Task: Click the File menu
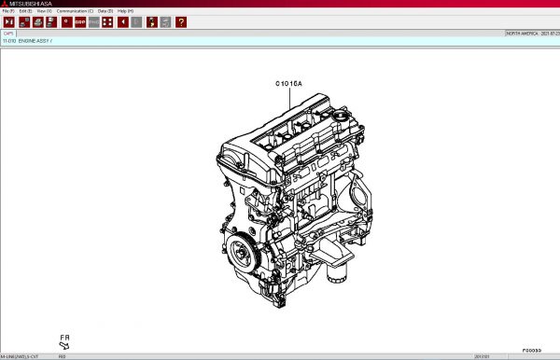[7, 10]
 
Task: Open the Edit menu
[26, 10]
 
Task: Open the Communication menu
[75, 10]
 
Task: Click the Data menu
[105, 10]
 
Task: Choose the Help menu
[125, 10]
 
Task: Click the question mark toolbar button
[180, 21]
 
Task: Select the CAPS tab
[8, 33]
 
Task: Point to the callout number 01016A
[287, 84]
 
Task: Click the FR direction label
[65, 336]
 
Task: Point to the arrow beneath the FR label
[64, 345]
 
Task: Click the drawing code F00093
[530, 350]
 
